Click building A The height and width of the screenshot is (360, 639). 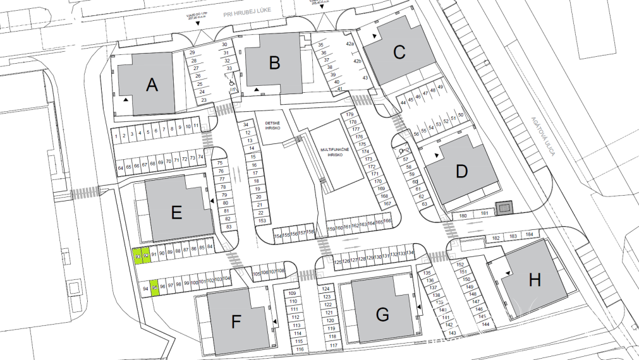tap(151, 84)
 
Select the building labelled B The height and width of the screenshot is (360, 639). tap(274, 62)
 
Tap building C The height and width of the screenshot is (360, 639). tap(399, 52)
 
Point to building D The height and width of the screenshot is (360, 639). tap(461, 171)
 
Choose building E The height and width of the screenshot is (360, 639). tap(176, 212)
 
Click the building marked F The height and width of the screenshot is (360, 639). tap(236, 323)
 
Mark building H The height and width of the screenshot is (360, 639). tap(535, 280)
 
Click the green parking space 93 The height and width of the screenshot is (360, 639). tap(137, 255)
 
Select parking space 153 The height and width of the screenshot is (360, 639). tap(261, 220)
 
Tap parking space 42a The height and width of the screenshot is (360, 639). tap(350, 45)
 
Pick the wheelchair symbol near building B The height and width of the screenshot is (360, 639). tap(232, 81)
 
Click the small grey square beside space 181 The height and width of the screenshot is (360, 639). tap(504, 208)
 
